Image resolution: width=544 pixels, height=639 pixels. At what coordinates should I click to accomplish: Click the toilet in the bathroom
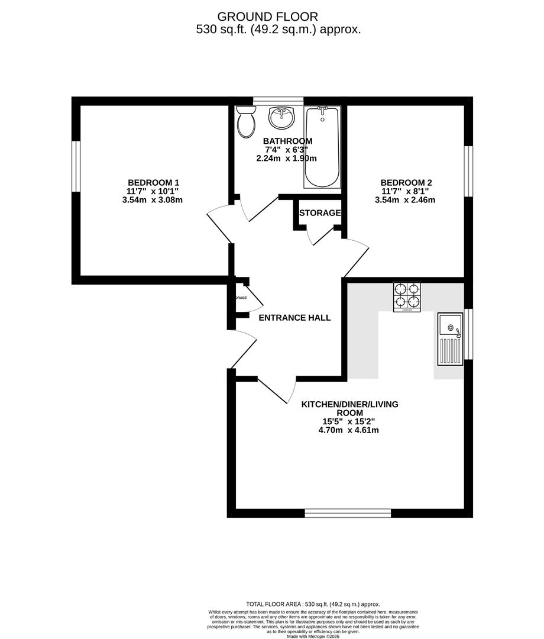pyautogui.click(x=245, y=122)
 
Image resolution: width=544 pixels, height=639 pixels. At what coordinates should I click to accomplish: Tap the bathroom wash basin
pyautogui.click(x=281, y=118)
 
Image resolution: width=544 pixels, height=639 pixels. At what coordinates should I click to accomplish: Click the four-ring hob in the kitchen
pyautogui.click(x=407, y=297)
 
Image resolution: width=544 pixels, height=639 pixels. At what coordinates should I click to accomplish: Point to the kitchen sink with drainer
pyautogui.click(x=450, y=339)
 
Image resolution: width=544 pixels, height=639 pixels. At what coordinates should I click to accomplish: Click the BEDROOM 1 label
pyautogui.click(x=153, y=183)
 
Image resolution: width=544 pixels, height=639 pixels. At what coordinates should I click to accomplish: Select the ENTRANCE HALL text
pyautogui.click(x=294, y=318)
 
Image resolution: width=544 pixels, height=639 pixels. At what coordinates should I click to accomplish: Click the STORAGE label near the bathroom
pyautogui.click(x=320, y=213)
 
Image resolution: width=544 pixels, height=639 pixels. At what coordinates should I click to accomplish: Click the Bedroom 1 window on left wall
pyautogui.click(x=76, y=166)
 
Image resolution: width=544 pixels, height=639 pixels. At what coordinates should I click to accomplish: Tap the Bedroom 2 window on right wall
pyautogui.click(x=468, y=170)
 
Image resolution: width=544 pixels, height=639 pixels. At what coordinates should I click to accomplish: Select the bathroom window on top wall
pyautogui.click(x=278, y=101)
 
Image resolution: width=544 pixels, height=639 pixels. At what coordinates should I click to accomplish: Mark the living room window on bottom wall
pyautogui.click(x=348, y=513)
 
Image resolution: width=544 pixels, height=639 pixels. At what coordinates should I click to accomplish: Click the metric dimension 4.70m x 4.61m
pyautogui.click(x=348, y=430)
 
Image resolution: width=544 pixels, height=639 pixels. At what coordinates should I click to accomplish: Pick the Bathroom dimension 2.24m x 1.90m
pyautogui.click(x=287, y=159)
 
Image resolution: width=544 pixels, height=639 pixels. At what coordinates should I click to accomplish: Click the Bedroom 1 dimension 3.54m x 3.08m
pyautogui.click(x=153, y=200)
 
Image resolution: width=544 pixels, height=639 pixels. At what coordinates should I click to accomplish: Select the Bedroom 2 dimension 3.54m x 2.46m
pyautogui.click(x=405, y=200)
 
